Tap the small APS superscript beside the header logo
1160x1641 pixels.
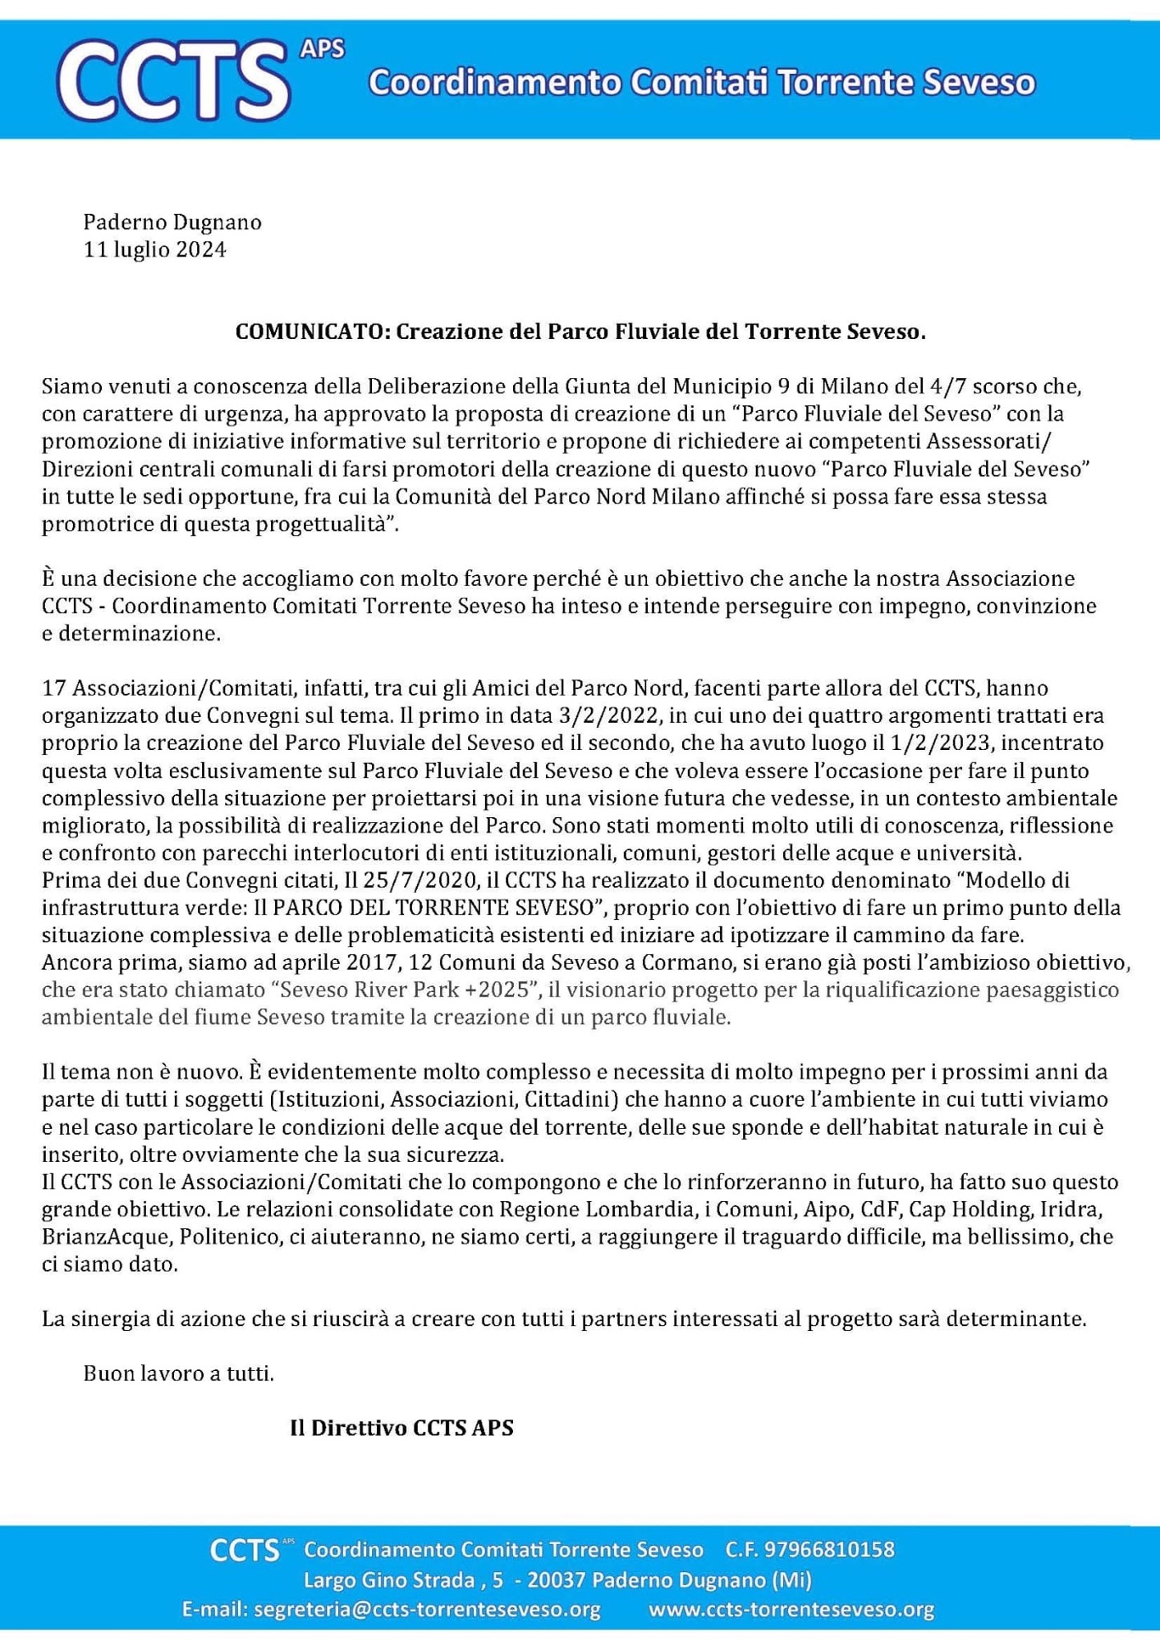tap(322, 49)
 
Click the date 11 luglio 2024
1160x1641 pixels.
tap(154, 249)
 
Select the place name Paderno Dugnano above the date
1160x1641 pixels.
tap(172, 222)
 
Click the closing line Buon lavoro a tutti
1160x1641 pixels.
tap(179, 1374)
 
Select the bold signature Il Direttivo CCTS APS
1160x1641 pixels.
tap(401, 1428)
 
